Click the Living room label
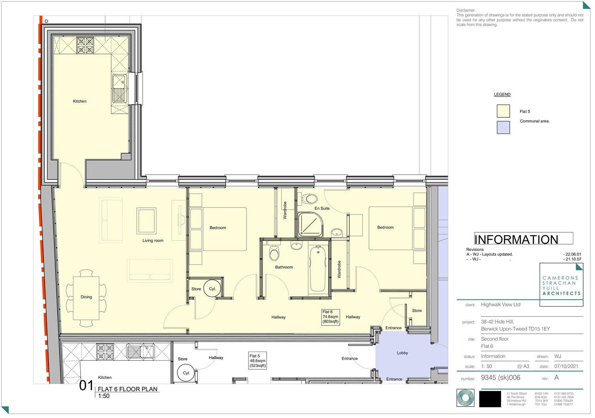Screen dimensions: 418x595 click(x=153, y=241)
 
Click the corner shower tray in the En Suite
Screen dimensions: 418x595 click(x=310, y=225)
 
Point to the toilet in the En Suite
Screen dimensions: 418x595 click(x=310, y=198)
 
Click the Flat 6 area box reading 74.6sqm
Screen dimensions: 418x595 click(x=330, y=317)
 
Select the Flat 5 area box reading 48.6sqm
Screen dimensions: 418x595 click(x=258, y=361)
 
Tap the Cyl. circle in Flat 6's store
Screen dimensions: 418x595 click(x=212, y=289)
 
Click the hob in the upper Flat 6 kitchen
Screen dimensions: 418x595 click(x=85, y=45)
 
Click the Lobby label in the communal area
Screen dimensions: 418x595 click(x=402, y=353)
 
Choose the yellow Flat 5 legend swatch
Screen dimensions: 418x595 click(x=503, y=111)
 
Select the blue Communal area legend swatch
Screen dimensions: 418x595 click(x=503, y=127)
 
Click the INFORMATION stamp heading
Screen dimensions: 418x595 click(x=516, y=239)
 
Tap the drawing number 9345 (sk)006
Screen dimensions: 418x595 click(x=501, y=378)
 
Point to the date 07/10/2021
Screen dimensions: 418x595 click(x=566, y=366)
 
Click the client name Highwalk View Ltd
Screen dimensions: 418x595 click(x=501, y=305)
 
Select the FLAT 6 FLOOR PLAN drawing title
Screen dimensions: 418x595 click(x=128, y=389)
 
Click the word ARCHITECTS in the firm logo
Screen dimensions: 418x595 click(x=561, y=294)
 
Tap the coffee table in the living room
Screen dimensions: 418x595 click(x=146, y=220)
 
